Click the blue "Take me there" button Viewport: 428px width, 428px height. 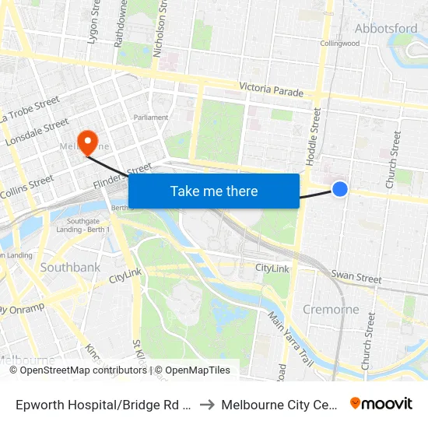point(214,191)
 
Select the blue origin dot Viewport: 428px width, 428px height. point(340,188)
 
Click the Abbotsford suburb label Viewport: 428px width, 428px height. point(386,29)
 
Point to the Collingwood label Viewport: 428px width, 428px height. point(340,44)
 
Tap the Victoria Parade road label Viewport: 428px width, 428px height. point(271,89)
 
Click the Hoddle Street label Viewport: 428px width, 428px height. point(314,135)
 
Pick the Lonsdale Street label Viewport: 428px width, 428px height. point(37,133)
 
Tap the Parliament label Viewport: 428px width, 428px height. point(151,118)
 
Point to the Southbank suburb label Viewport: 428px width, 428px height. point(70,268)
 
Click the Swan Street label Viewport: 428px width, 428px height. point(356,276)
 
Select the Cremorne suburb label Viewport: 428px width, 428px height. point(331,309)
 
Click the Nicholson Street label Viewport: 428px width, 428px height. point(161,30)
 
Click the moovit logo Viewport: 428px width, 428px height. point(381,403)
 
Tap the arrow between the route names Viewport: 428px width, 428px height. point(207,405)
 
